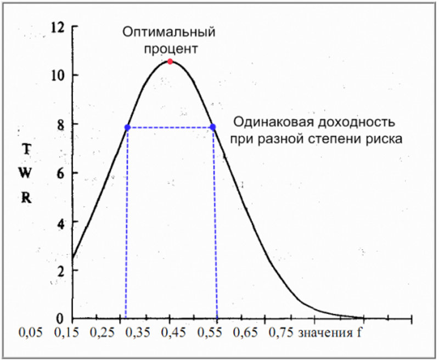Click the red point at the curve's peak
point(170,61)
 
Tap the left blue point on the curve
point(127,127)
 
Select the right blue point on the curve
point(213,127)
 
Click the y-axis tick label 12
point(57,27)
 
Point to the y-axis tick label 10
point(57,75)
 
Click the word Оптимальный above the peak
point(169,32)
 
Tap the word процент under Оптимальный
point(169,48)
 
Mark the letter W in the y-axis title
point(26,173)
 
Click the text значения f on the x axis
point(329,333)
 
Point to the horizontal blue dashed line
point(170,127)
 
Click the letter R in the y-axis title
point(26,198)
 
